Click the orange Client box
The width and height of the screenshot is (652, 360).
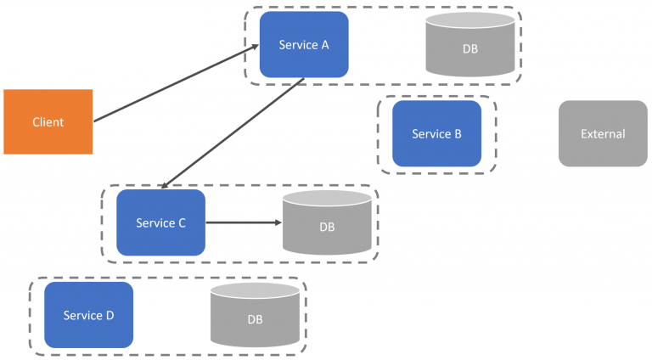click(x=48, y=121)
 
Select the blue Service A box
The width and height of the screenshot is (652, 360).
click(x=304, y=44)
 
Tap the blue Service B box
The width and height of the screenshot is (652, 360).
click(x=436, y=133)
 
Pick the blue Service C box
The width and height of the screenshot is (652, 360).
click(x=160, y=222)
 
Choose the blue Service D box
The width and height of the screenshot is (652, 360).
click(x=88, y=315)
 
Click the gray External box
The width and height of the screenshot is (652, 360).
click(x=603, y=133)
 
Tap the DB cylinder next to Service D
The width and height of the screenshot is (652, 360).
click(x=255, y=316)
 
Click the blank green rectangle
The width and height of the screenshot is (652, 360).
click(x=98, y=38)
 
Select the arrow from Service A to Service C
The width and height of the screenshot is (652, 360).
click(x=233, y=132)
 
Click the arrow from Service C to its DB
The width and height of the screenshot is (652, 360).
click(x=242, y=223)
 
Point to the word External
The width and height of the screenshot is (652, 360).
click(x=603, y=133)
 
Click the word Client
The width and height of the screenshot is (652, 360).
click(x=48, y=122)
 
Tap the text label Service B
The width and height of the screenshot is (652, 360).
click(x=436, y=134)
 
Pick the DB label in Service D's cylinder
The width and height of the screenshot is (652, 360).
click(x=255, y=320)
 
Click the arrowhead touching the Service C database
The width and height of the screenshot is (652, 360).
click(x=278, y=223)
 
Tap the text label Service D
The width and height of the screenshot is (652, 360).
click(x=88, y=316)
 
